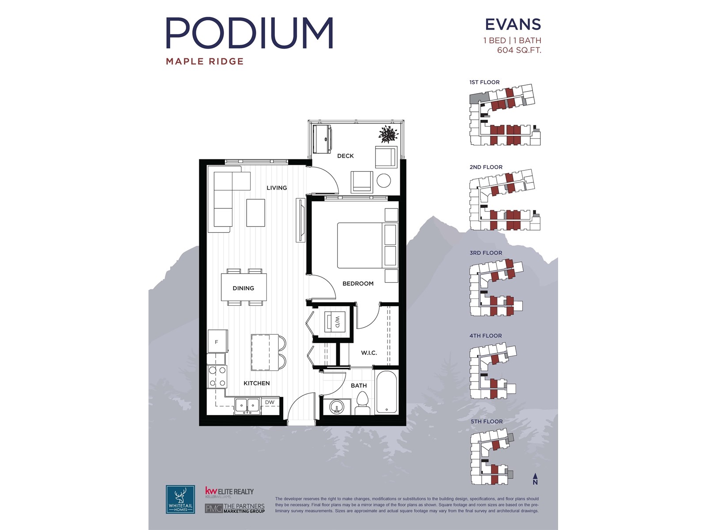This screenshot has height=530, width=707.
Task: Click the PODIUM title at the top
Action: [x=249, y=33]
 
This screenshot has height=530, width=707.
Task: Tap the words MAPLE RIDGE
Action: [x=205, y=61]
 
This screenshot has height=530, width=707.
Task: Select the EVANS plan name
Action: [x=513, y=24]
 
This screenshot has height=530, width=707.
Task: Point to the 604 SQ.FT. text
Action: [x=519, y=50]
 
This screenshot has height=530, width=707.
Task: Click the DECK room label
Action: [x=345, y=156]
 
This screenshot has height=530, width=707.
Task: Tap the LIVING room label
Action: [x=277, y=188]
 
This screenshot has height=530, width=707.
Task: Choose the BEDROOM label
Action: [x=358, y=284]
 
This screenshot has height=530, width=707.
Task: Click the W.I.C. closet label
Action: [x=369, y=353]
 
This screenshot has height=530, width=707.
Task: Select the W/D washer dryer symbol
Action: [x=334, y=322]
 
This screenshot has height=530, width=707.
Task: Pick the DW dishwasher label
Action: [x=270, y=402]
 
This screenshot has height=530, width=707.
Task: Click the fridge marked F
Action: [x=217, y=341]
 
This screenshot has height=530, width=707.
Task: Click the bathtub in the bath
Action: [x=387, y=393]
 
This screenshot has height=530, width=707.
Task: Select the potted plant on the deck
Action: [x=388, y=134]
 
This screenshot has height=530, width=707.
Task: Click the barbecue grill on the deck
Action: [x=322, y=139]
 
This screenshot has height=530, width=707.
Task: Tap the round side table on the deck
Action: [x=384, y=181]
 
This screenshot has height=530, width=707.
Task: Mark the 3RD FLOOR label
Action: [x=486, y=253]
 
